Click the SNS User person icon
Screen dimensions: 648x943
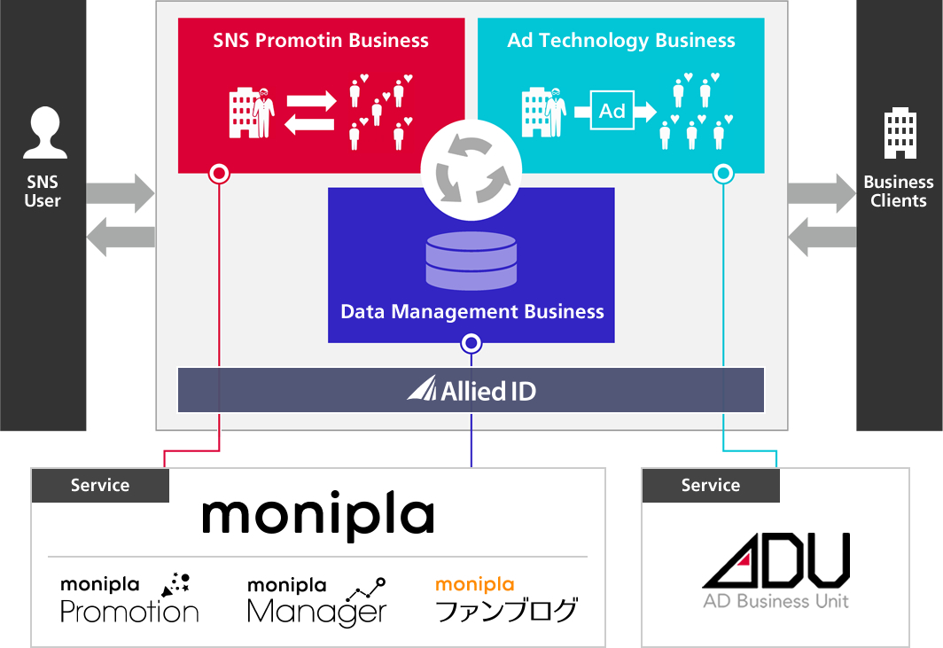click(x=45, y=132)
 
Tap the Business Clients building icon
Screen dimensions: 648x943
click(x=899, y=134)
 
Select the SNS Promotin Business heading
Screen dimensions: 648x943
click(x=321, y=40)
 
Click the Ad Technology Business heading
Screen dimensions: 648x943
click(x=621, y=40)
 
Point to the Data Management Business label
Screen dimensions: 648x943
click(x=472, y=312)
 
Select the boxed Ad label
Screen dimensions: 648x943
click(x=612, y=111)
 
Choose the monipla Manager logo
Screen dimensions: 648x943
click(x=316, y=600)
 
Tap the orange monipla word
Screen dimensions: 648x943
click(x=475, y=584)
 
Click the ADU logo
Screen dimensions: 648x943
click(x=775, y=560)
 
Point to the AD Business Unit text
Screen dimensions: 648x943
click(x=775, y=601)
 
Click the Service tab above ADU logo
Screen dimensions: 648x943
click(x=711, y=485)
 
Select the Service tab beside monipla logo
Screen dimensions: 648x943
click(x=100, y=485)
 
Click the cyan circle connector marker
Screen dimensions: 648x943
click(x=724, y=173)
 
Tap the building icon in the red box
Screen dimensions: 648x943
click(x=242, y=113)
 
